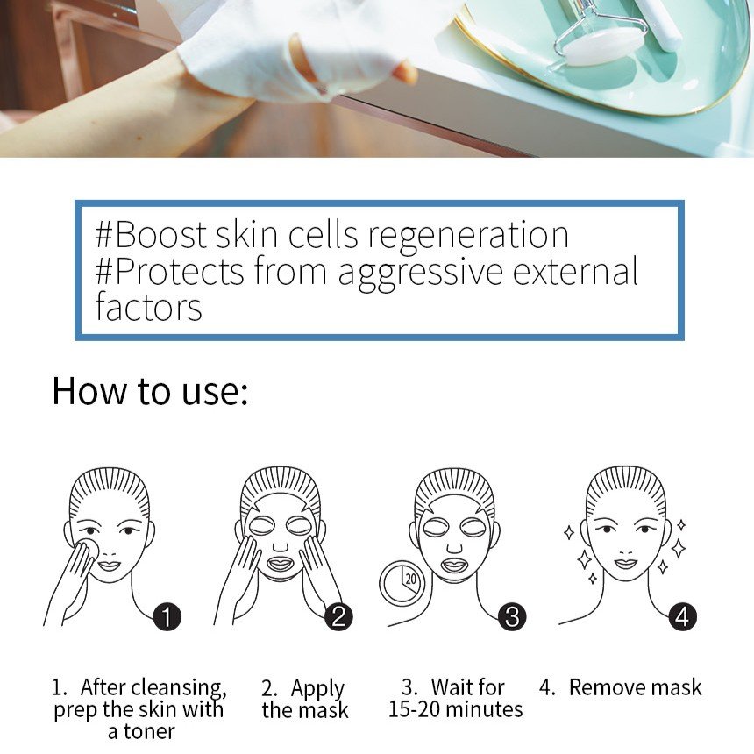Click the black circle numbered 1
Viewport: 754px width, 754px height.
(167, 617)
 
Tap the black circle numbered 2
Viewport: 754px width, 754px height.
(338, 617)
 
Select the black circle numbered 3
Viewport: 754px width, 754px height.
(512, 617)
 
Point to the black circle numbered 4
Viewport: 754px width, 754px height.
(682, 617)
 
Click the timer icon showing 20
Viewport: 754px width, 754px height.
(402, 583)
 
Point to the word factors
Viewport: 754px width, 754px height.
(148, 307)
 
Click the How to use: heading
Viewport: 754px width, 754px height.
(150, 391)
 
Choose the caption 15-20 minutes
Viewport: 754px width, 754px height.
(455, 709)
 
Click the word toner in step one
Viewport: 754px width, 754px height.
(149, 731)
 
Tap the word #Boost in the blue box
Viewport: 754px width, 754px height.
(151, 235)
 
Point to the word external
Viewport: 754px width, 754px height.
(576, 272)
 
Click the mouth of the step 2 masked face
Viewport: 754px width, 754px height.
(280, 564)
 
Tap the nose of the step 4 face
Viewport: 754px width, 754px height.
(626, 550)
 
